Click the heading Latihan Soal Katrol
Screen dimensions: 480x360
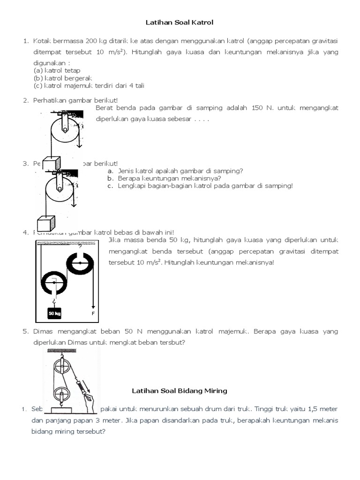click(180, 22)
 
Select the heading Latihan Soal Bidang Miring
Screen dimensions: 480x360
click(180, 390)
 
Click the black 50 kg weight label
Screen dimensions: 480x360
click(54, 313)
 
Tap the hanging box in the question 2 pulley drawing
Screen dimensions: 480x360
click(56, 164)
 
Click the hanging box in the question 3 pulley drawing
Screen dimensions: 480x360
click(46, 223)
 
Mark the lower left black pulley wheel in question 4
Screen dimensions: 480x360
click(55, 283)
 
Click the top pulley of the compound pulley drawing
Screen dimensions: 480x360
click(61, 366)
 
